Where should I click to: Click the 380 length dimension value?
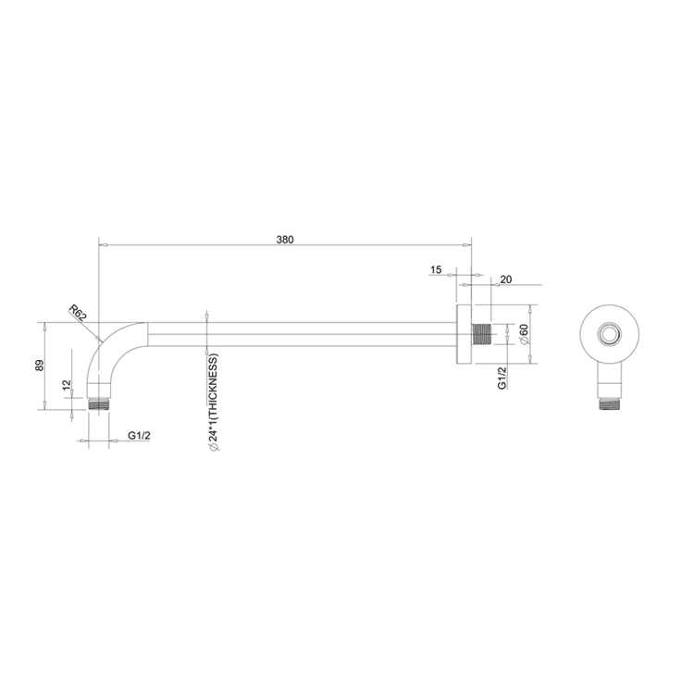click(x=285, y=240)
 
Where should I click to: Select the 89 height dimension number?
click(x=39, y=366)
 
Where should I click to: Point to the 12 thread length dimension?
click(x=65, y=385)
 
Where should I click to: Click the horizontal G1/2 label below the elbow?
click(x=139, y=435)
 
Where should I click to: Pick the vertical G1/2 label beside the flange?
click(x=502, y=377)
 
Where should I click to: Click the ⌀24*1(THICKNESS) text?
click(x=213, y=402)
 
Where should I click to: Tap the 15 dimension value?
click(x=436, y=270)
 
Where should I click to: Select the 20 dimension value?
click(x=505, y=279)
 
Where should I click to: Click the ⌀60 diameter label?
click(x=524, y=334)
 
